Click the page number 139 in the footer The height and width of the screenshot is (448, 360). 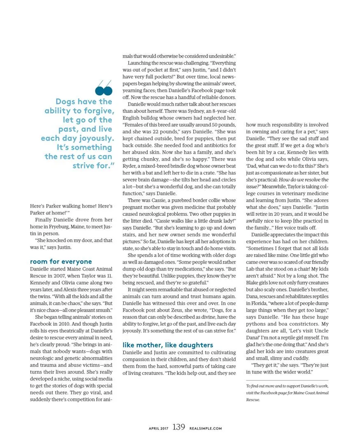[x=179, y=427]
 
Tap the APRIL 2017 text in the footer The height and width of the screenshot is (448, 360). [x=158, y=428]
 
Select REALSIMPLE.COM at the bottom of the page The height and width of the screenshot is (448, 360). [x=205, y=428]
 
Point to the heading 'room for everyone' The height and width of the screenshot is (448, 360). [x=61, y=261]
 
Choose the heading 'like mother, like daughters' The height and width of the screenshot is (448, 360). [x=168, y=345]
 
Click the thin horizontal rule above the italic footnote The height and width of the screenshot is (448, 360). [x=287, y=380]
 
